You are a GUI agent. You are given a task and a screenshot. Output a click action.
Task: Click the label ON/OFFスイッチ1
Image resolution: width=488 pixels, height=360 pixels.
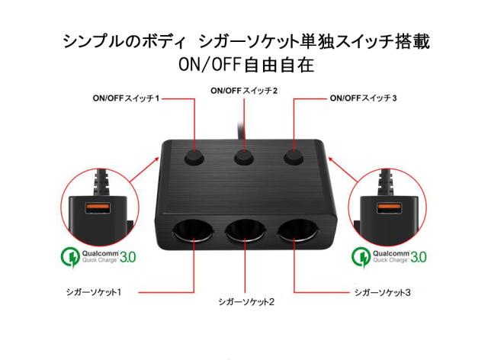(x=126, y=98)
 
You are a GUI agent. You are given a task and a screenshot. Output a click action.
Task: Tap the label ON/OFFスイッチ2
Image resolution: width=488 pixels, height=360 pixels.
(x=244, y=91)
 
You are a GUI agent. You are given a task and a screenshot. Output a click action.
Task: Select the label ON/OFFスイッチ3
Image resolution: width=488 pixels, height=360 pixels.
(x=363, y=98)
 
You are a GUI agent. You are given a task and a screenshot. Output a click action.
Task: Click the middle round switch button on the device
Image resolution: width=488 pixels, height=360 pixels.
(x=244, y=157)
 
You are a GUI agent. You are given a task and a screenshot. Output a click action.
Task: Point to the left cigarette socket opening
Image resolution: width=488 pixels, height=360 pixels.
(x=193, y=231)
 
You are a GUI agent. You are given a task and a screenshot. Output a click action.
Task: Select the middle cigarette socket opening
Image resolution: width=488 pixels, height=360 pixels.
(x=246, y=231)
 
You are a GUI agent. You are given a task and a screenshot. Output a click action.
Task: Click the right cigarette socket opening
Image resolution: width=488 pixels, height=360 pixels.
(x=298, y=231)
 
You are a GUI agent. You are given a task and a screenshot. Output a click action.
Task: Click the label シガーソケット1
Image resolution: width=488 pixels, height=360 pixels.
(x=93, y=292)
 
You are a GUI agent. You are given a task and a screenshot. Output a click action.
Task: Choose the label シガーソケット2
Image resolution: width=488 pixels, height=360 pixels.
(x=246, y=302)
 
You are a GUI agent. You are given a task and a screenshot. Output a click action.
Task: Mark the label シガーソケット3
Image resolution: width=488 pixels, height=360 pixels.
(x=383, y=292)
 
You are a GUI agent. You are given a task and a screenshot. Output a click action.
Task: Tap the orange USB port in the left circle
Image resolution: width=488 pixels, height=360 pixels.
(x=98, y=208)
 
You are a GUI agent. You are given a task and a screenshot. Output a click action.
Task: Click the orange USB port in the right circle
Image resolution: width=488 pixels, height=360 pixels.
(x=389, y=207)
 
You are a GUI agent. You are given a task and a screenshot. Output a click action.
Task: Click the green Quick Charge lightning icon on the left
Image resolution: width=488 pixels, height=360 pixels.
(x=70, y=257)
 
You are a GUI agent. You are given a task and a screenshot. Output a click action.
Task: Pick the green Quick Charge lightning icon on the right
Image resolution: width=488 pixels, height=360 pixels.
(x=361, y=257)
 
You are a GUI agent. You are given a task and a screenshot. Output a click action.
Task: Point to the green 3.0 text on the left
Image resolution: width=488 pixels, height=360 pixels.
(x=127, y=258)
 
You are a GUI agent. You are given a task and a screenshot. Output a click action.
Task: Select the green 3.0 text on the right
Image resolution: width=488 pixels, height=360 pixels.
(x=419, y=257)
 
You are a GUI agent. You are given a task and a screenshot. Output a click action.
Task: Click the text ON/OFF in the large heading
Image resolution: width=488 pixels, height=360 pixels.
(x=210, y=65)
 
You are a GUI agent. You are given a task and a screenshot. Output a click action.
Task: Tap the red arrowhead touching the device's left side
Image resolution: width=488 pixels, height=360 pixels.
(x=157, y=159)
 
